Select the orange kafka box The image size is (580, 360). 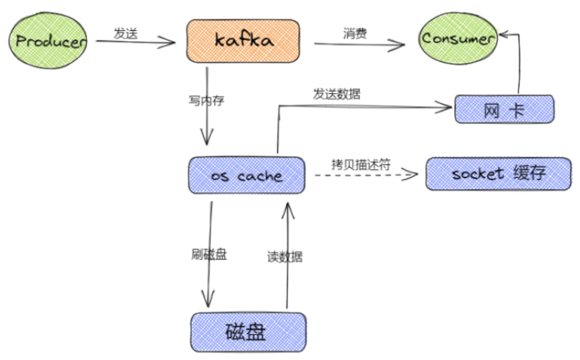click(x=243, y=41)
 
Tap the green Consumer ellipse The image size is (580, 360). click(x=457, y=38)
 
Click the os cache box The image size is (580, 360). click(x=247, y=176)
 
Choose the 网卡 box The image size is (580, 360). click(x=503, y=110)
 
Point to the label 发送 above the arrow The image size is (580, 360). click(x=126, y=33)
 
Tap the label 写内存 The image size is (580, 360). click(x=206, y=101)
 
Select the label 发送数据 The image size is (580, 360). click(x=337, y=95)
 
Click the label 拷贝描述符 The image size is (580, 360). click(x=360, y=164)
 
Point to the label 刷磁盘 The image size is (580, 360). click(x=209, y=254)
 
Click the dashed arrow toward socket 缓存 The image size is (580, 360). click(x=364, y=176)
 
